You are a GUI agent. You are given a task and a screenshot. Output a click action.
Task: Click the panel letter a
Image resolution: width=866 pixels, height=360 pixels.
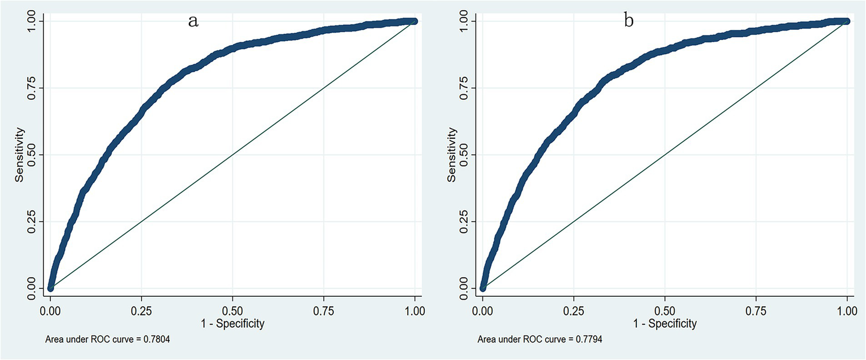click(x=193, y=22)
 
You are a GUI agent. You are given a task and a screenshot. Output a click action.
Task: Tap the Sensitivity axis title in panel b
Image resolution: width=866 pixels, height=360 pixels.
click(x=452, y=155)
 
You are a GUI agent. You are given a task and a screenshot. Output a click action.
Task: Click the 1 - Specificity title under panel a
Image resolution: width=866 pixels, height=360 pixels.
click(x=232, y=323)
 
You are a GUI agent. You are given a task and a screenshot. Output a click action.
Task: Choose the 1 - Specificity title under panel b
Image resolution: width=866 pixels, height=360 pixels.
click(x=665, y=323)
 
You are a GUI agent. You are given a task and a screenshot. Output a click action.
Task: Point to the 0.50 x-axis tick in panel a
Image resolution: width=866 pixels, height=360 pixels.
click(x=232, y=310)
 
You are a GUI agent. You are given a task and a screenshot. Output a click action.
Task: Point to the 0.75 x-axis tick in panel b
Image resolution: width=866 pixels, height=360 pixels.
click(x=756, y=310)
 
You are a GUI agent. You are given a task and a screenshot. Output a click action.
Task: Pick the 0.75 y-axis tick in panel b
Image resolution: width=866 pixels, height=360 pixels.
click(x=467, y=87)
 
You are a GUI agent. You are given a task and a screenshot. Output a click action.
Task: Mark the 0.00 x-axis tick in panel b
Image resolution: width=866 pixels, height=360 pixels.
click(x=482, y=310)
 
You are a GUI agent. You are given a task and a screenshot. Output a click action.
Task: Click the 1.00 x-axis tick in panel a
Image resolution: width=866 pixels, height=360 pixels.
click(x=415, y=310)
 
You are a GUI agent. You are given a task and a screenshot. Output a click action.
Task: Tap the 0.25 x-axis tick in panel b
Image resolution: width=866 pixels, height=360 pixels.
click(x=574, y=310)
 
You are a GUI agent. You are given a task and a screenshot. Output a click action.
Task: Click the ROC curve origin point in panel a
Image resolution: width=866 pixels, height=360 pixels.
click(x=50, y=288)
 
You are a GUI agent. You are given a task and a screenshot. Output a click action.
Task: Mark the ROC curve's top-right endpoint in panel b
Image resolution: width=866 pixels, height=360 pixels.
click(x=847, y=21)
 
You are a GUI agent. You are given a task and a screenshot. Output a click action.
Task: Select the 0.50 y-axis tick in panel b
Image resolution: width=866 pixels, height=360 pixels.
click(x=467, y=155)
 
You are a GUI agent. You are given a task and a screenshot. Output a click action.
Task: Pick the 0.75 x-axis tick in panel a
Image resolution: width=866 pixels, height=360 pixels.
click(x=324, y=310)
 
